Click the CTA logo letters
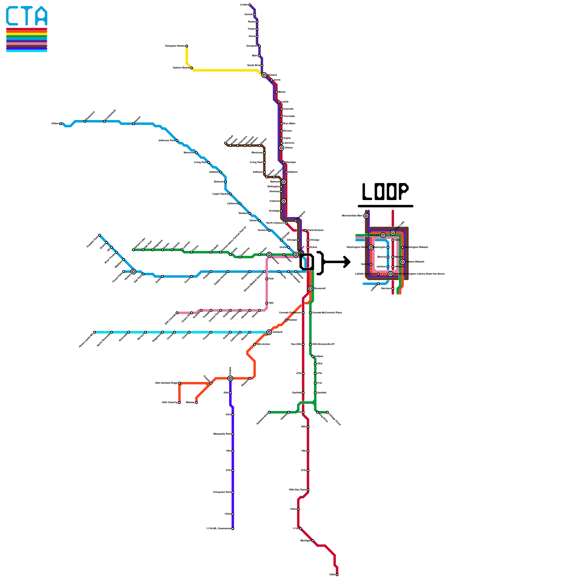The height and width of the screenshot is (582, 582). point(27,16)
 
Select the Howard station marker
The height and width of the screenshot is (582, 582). point(264,75)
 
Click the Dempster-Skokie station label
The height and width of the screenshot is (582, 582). point(175,46)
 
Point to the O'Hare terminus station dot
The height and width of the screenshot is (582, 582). point(60,124)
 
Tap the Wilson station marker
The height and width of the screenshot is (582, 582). point(281,148)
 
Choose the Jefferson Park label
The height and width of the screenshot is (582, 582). point(167,140)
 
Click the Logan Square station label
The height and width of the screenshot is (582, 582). point(220,194)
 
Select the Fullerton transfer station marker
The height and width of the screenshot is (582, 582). point(283,201)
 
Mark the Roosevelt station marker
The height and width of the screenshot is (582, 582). point(310,288)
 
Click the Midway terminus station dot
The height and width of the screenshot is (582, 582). point(196,402)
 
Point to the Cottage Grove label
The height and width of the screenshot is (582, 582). point(334,418)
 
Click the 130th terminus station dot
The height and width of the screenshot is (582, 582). point(337,575)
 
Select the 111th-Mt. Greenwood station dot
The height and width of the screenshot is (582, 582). point(233,529)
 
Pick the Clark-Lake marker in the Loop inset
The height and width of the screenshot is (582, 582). point(383,235)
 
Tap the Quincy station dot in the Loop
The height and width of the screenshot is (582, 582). point(371,264)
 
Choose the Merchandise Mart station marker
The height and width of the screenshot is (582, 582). point(366,216)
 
